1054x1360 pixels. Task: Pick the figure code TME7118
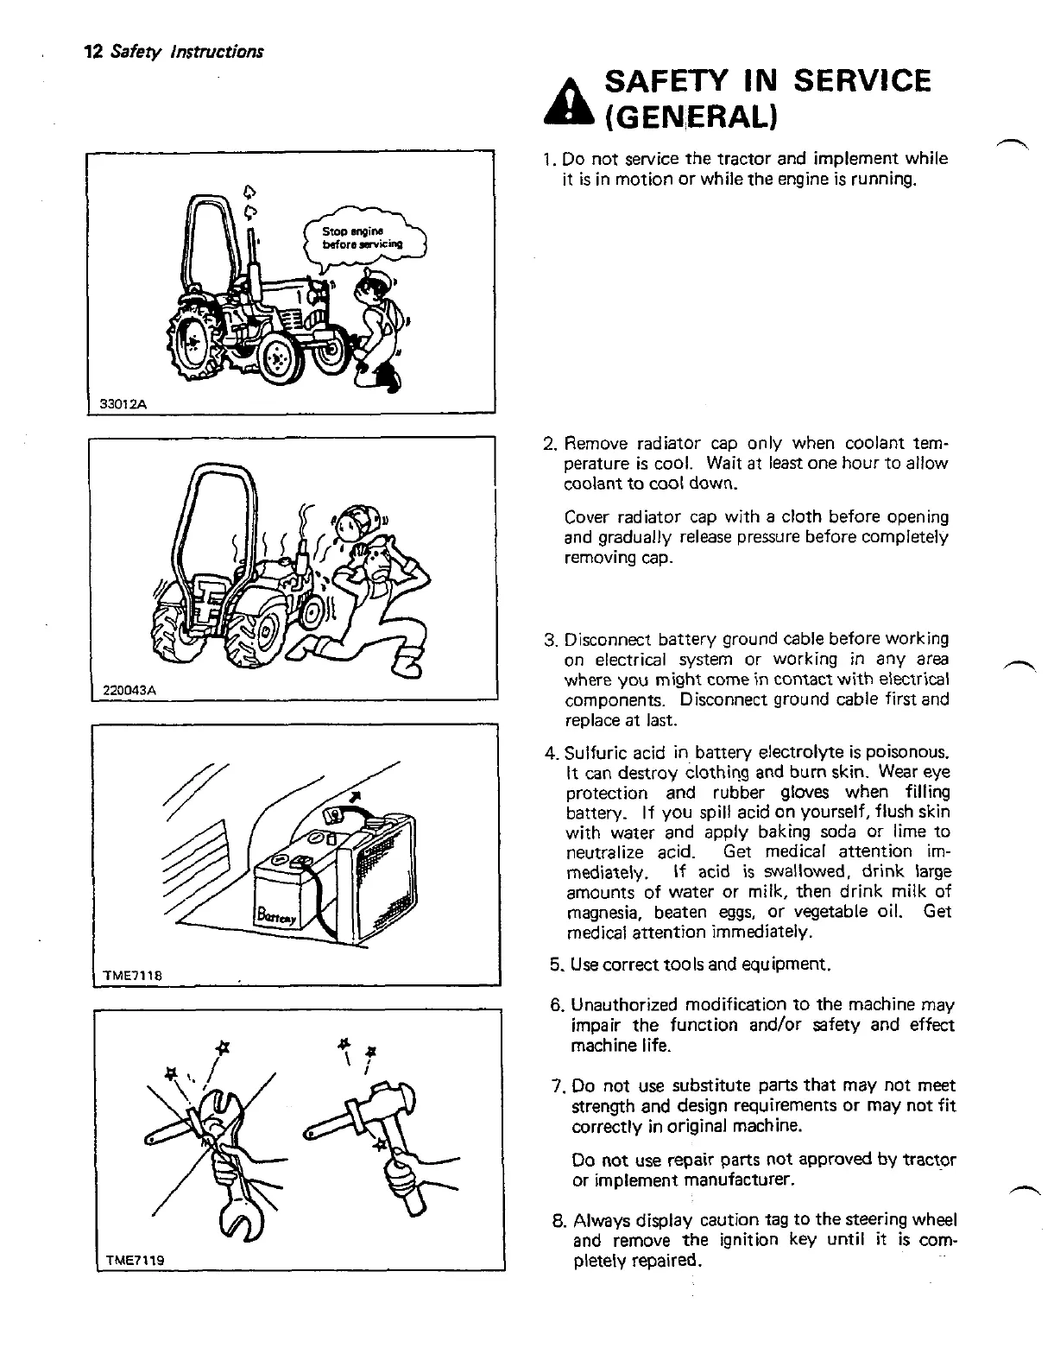pyautogui.click(x=127, y=975)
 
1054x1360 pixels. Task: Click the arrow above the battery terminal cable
pyautogui.click(x=353, y=795)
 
